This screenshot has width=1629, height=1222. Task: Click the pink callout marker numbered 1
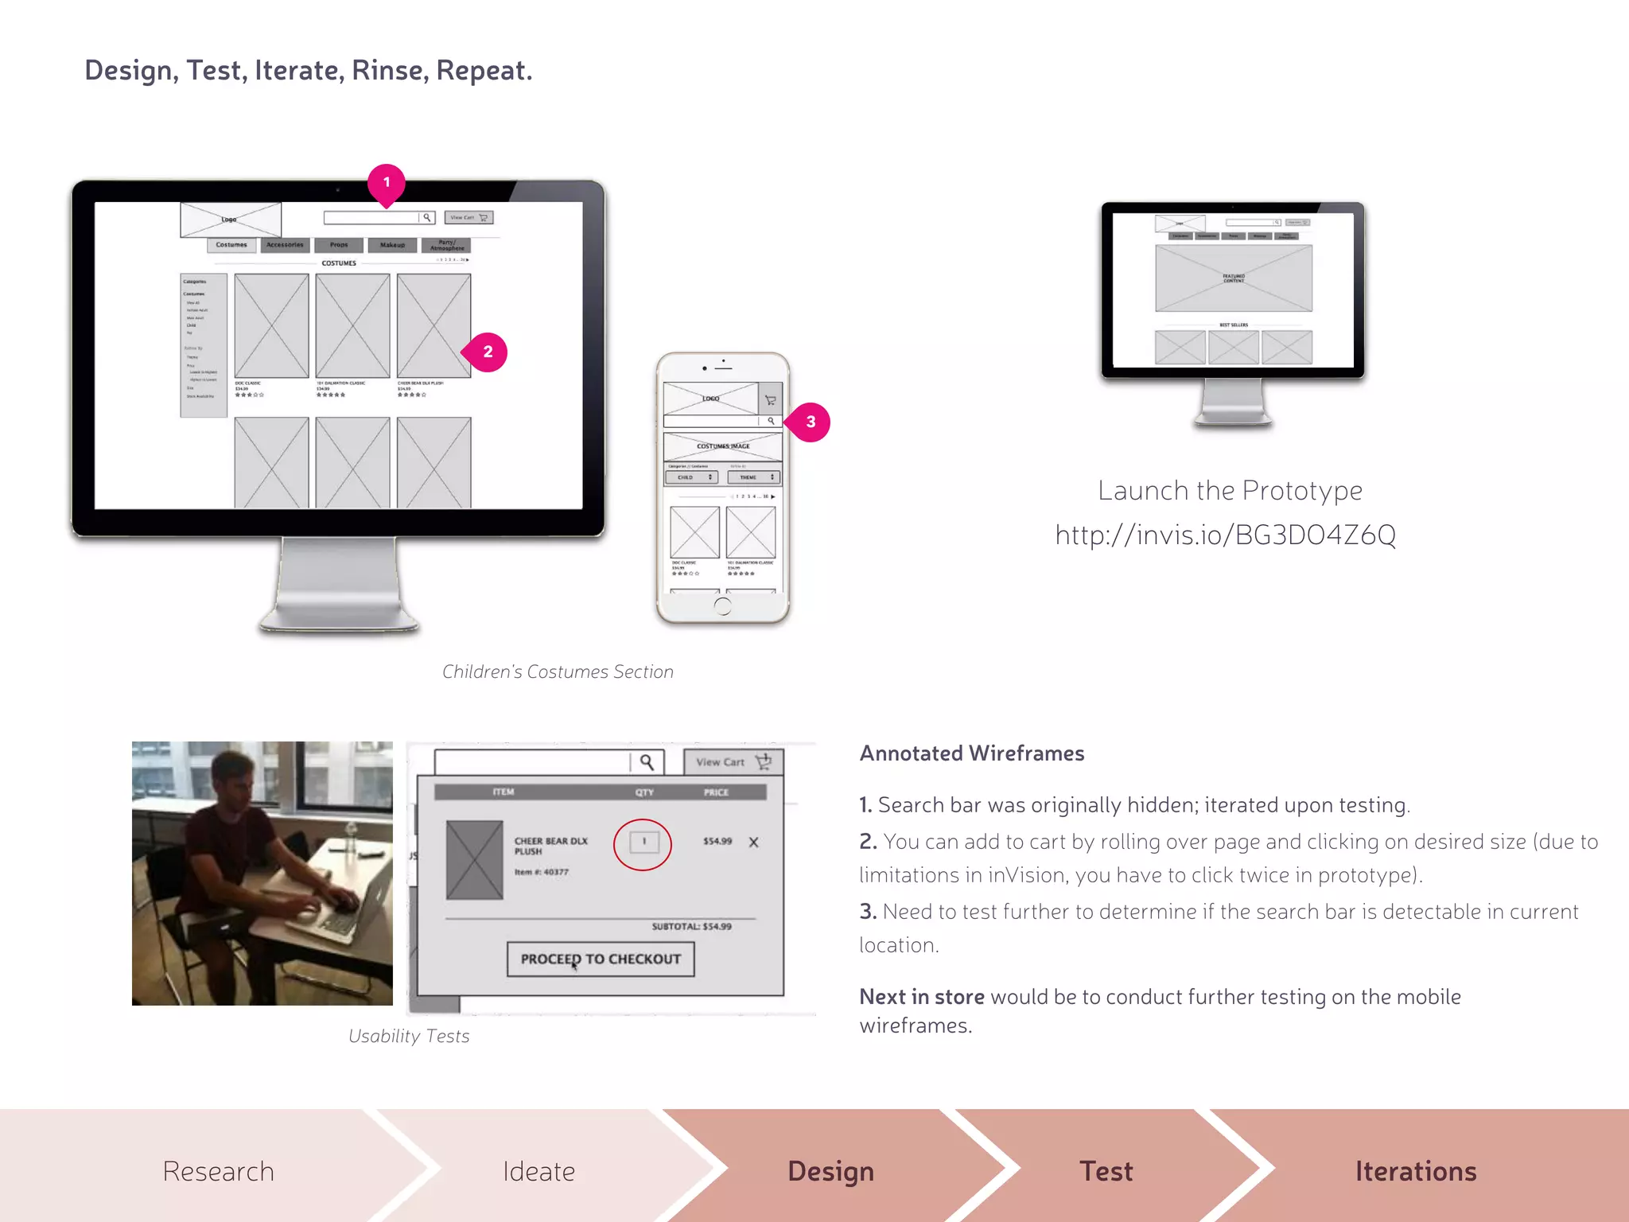coord(387,183)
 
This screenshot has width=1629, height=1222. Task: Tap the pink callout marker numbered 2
coord(487,352)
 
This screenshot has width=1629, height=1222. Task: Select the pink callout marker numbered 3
coord(810,422)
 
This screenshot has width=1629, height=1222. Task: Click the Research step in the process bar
coord(218,1171)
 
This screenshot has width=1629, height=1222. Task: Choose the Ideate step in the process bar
coord(538,1171)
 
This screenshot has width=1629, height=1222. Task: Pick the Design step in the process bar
coord(830,1171)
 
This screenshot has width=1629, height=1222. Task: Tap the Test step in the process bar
coord(1106,1171)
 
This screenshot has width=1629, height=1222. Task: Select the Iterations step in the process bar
coord(1415,1171)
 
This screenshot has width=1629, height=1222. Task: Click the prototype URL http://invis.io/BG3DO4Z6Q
coord(1225,535)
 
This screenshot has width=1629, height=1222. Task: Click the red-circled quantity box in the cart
coord(643,842)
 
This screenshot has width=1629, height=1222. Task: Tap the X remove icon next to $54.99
coord(753,842)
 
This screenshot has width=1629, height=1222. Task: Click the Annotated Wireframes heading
coord(971,753)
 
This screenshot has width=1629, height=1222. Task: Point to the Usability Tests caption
coord(409,1036)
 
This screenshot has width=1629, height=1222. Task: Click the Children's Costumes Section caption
coord(558,671)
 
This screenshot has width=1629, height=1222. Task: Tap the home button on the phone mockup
coord(722,606)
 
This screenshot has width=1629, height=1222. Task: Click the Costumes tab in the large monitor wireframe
coord(231,245)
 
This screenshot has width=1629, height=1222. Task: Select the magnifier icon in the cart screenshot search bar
coord(647,762)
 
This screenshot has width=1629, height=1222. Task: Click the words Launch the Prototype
coord(1230,490)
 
